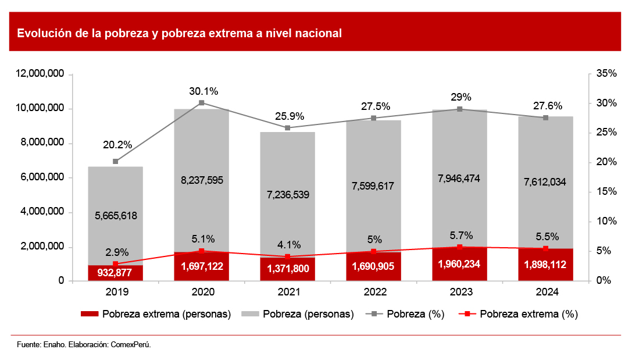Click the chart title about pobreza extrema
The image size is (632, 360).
(x=179, y=33)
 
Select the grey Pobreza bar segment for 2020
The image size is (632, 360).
(x=201, y=145)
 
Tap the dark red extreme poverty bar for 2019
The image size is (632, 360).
(x=115, y=273)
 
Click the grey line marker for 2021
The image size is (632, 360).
(x=287, y=128)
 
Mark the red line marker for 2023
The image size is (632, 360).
(x=459, y=247)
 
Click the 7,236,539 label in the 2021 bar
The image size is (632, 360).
(x=287, y=194)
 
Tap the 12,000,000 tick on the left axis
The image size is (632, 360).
(x=40, y=74)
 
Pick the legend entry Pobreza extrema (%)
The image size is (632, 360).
(x=521, y=314)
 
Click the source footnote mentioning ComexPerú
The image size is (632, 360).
(x=84, y=345)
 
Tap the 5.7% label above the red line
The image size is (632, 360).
(x=461, y=236)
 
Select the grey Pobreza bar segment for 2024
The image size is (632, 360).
(x=545, y=151)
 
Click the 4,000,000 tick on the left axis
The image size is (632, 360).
(x=42, y=213)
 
